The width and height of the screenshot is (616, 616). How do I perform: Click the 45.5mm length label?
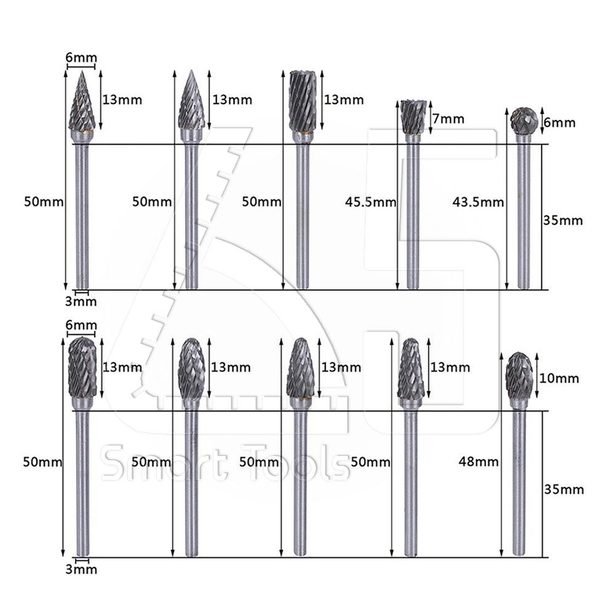pos(370,202)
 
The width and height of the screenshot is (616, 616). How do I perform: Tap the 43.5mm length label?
pos(478,202)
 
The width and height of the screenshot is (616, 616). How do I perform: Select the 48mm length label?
pos(479,461)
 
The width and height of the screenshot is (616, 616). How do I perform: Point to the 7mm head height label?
pos(448,119)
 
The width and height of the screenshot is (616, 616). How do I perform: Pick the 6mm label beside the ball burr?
pos(559,123)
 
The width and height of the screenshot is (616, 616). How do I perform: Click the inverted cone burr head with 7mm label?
pos(413,116)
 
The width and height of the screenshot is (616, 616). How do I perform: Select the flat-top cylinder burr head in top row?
pos(302,100)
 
